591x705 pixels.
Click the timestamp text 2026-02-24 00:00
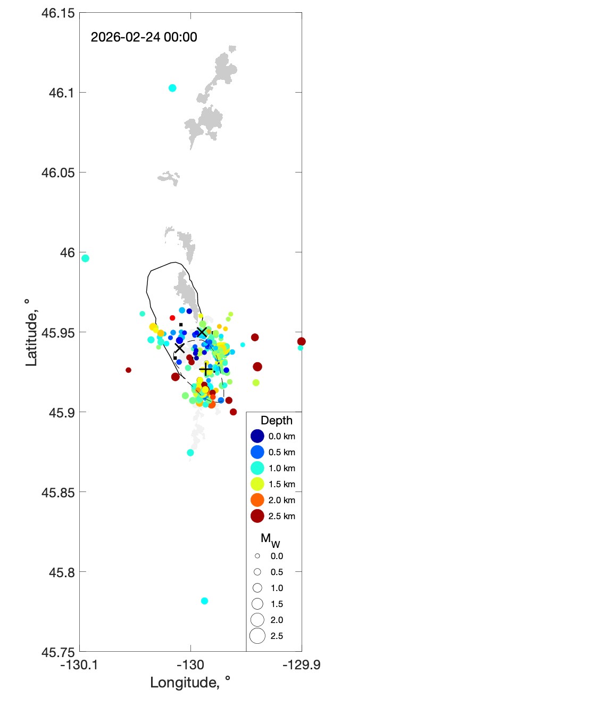click(144, 37)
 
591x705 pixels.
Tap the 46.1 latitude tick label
click(62, 93)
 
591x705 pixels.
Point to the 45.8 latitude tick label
click(62, 572)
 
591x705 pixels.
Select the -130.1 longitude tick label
click(79, 665)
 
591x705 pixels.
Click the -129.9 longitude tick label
click(302, 665)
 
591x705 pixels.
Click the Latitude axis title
click(31, 332)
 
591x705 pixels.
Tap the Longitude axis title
click(190, 683)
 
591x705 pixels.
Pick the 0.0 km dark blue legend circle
click(257, 436)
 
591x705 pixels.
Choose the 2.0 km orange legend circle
click(257, 500)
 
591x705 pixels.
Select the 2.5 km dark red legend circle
click(257, 516)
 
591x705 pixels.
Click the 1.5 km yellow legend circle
click(257, 484)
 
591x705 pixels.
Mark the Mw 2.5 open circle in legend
click(257, 636)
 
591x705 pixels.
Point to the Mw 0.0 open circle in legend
click(257, 556)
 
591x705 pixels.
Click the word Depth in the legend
click(277, 421)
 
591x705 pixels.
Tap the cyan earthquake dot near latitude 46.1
click(172, 88)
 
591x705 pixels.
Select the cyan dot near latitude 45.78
click(204, 601)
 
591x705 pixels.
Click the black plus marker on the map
click(206, 370)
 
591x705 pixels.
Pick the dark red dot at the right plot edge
click(301, 341)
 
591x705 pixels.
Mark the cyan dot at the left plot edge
click(85, 258)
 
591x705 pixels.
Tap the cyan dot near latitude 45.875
click(190, 453)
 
